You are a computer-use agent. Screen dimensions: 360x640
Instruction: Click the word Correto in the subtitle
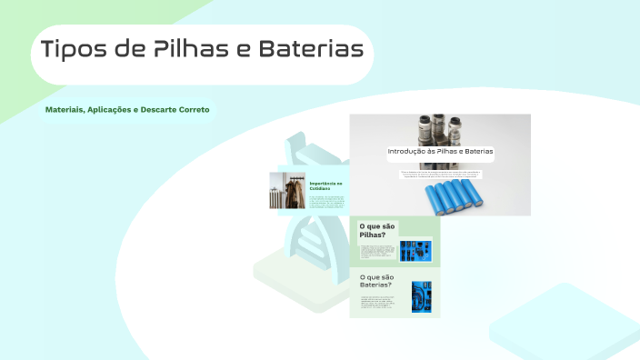pos(194,109)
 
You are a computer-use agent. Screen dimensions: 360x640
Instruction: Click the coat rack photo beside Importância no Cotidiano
pos(287,191)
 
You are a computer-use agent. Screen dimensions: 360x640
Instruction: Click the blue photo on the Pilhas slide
pos(415,250)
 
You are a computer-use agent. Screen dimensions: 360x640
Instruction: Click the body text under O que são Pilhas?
pos(375,251)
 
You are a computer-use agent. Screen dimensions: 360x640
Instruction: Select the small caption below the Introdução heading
pos(440,174)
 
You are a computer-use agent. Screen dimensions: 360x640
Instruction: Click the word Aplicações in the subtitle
pos(111,109)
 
